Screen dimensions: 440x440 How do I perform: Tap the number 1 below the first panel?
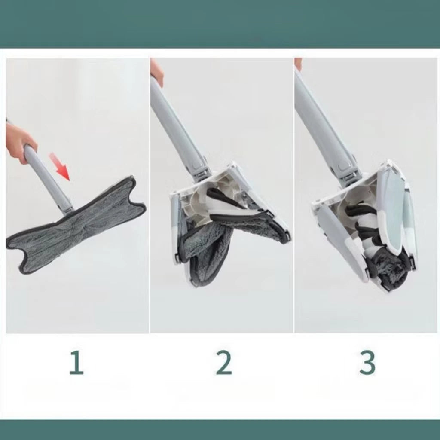pos(76,363)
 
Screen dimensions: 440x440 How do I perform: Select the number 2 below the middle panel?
pos(224,363)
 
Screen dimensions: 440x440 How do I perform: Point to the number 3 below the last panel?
pos(368,363)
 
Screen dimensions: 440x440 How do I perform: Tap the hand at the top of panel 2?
pos(156,72)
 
